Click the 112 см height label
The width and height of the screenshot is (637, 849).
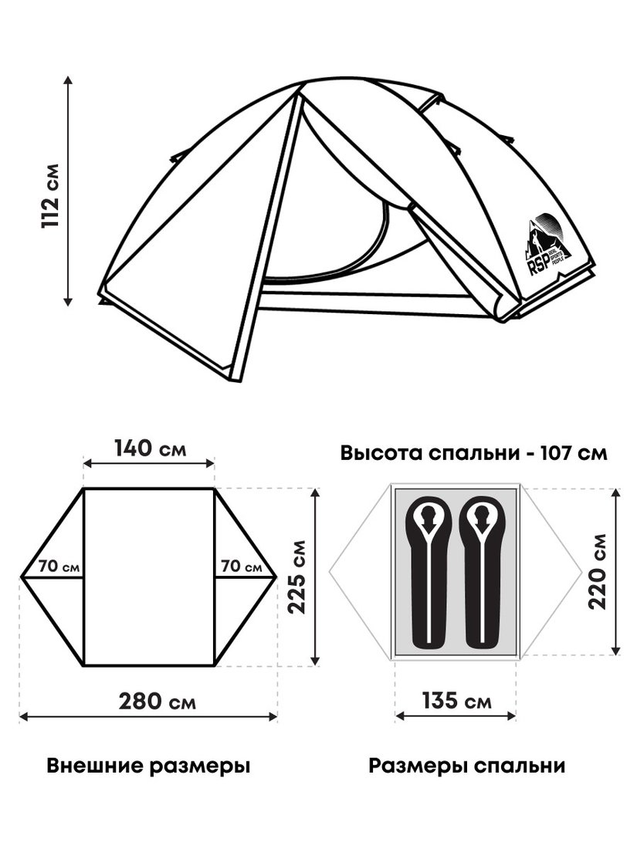(x=50, y=195)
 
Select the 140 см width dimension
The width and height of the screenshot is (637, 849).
(x=150, y=448)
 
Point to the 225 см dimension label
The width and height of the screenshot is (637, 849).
(x=296, y=577)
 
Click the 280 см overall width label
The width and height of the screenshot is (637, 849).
(x=157, y=702)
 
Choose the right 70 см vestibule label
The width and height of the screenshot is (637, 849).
(x=242, y=567)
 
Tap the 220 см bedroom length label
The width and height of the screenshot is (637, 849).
(x=598, y=572)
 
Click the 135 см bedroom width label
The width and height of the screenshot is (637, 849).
(x=456, y=701)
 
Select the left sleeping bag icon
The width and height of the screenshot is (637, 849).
(x=428, y=572)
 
